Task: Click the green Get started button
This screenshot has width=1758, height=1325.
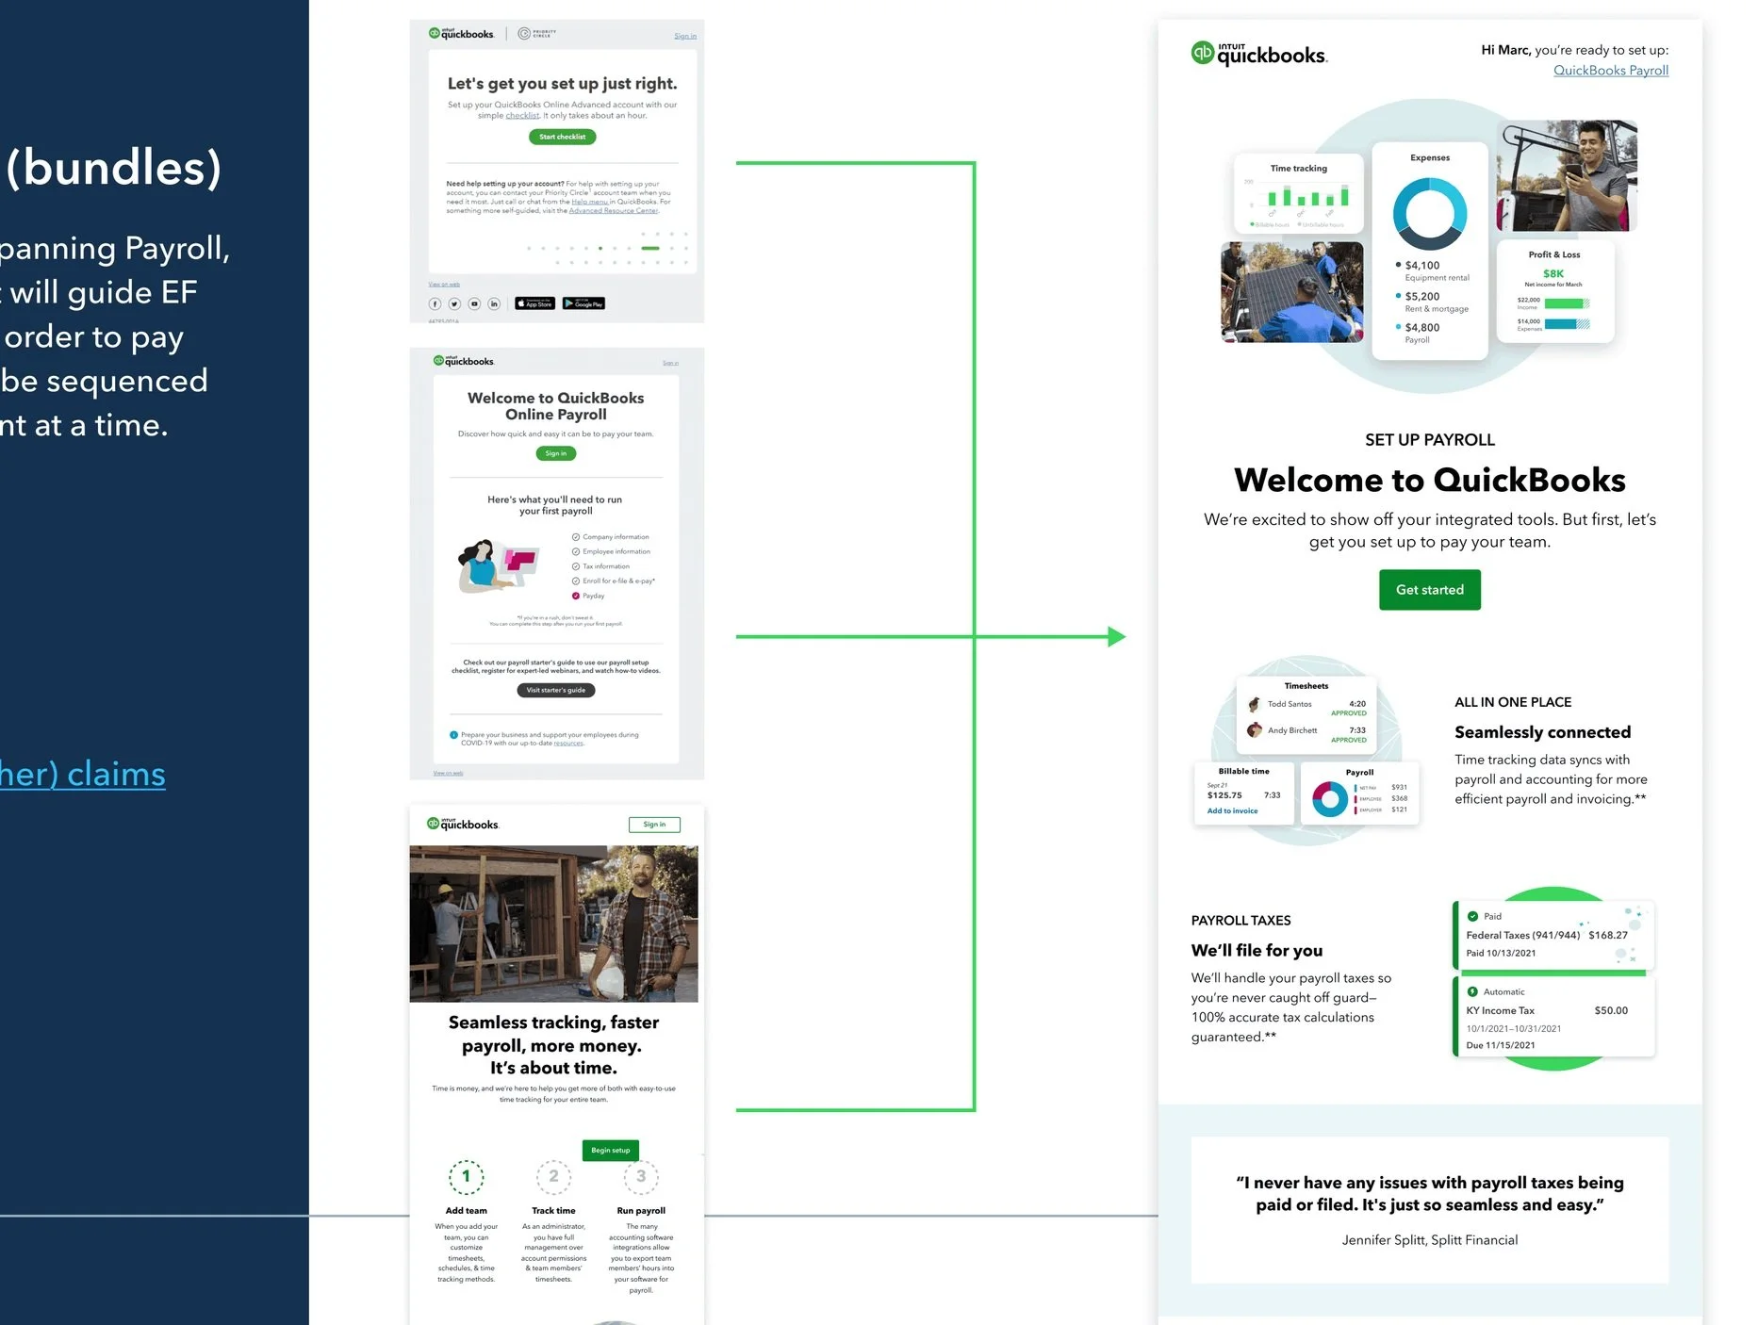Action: (x=1429, y=590)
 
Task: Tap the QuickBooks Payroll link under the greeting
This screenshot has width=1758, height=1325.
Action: (x=1610, y=71)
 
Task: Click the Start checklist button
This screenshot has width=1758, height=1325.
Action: (x=562, y=137)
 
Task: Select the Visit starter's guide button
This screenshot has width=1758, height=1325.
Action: (x=555, y=690)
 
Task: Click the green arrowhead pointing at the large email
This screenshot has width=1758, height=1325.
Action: (x=1116, y=637)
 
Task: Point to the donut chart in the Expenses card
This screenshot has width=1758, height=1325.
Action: (x=1429, y=213)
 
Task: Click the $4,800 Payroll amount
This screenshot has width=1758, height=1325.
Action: (x=1421, y=328)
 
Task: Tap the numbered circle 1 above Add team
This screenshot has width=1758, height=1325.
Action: (x=466, y=1176)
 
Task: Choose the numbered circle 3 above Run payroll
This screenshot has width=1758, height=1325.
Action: (x=641, y=1176)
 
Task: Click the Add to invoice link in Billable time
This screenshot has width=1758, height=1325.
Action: (x=1232, y=810)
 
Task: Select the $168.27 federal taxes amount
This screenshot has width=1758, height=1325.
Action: (x=1607, y=935)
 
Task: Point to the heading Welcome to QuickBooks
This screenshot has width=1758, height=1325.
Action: (x=1429, y=481)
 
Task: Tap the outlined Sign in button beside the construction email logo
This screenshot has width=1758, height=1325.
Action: (x=654, y=825)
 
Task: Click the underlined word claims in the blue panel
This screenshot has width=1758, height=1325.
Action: (x=116, y=775)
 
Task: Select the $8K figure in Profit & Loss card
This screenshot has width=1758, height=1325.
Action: (x=1553, y=273)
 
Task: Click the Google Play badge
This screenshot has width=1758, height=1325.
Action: (x=583, y=303)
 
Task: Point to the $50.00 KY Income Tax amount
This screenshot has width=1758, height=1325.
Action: (x=1610, y=1010)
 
